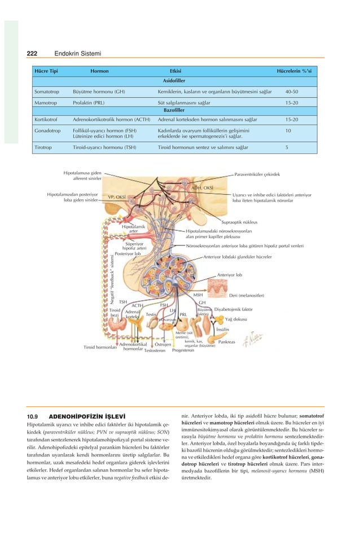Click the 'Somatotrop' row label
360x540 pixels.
(x=48, y=91)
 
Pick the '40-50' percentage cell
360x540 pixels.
(x=292, y=91)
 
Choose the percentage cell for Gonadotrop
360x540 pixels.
(x=288, y=130)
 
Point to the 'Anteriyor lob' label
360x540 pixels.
(x=230, y=275)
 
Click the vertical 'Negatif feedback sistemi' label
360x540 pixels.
(x=113, y=281)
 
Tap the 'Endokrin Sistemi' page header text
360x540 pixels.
(x=77, y=54)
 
